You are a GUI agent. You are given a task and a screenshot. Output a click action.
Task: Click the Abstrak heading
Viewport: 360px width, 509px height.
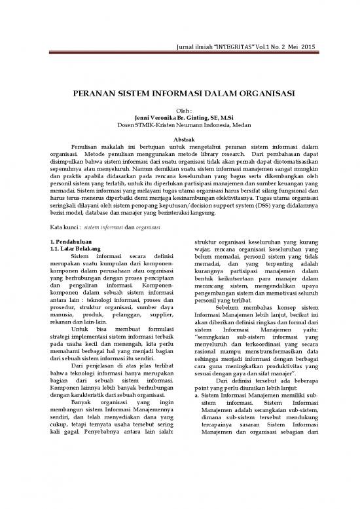tap(180, 141)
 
